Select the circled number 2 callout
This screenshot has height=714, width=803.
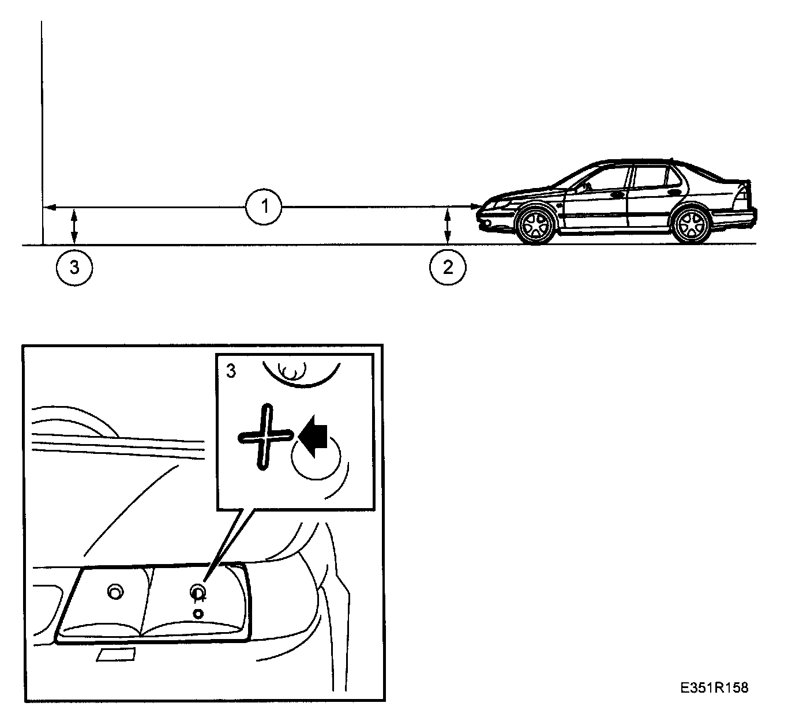coord(448,268)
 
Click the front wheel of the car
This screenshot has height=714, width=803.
coord(536,224)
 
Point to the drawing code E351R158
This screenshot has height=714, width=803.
coord(714,687)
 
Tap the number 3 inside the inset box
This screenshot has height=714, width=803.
coord(231,371)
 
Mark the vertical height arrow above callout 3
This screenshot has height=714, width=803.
coord(74,226)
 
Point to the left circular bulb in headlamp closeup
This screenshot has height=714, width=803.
coord(115,592)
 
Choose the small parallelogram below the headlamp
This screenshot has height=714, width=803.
coord(115,654)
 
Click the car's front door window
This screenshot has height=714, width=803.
coord(600,181)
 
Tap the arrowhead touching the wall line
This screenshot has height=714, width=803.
coord(48,206)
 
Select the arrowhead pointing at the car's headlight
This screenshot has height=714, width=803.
coord(475,206)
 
